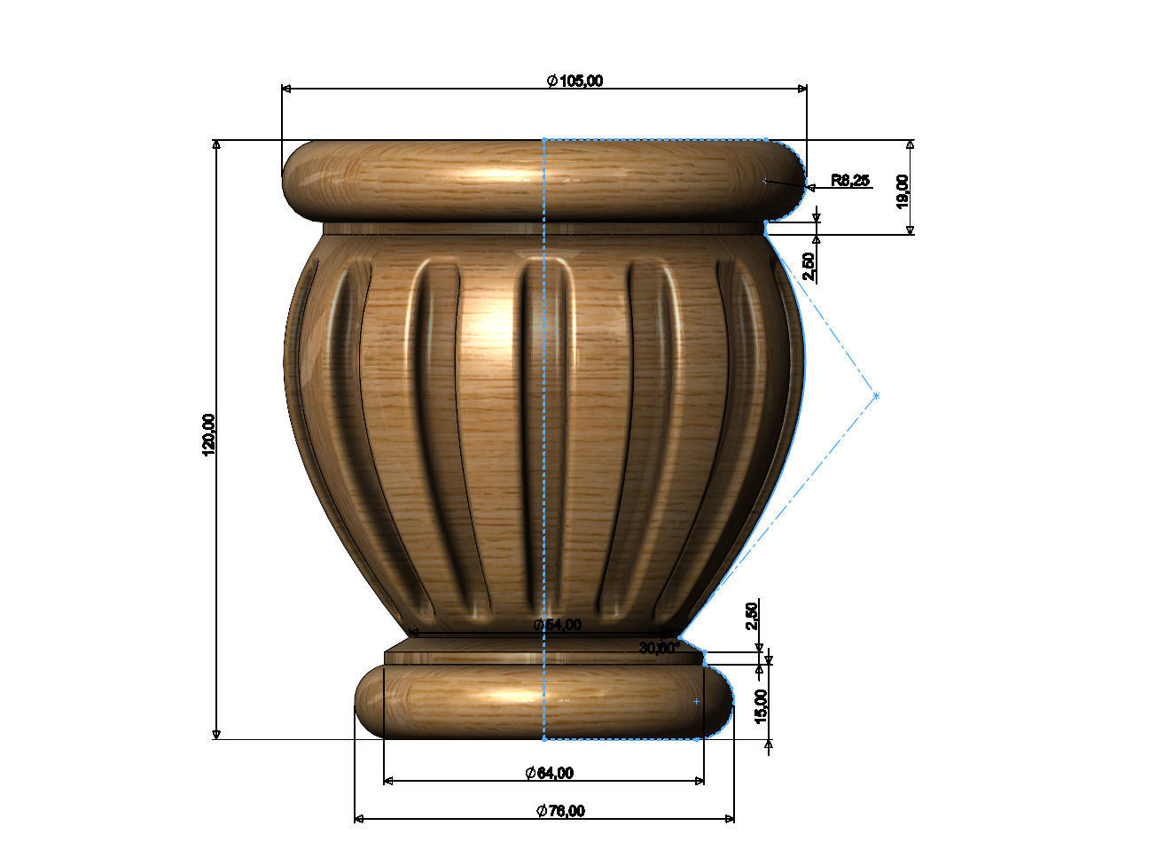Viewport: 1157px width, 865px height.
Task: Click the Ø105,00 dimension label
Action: coord(575,81)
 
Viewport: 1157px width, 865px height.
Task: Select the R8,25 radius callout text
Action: coord(850,180)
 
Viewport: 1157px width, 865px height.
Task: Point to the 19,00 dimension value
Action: coord(902,190)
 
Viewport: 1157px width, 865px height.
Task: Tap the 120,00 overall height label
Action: coord(209,434)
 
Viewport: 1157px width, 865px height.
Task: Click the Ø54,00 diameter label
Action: coord(558,625)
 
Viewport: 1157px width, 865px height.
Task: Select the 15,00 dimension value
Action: coord(762,705)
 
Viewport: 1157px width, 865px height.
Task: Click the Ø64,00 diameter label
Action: coord(549,773)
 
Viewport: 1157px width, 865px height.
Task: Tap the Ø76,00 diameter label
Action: coord(560,810)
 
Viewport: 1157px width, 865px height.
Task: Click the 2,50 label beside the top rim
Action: coord(808,267)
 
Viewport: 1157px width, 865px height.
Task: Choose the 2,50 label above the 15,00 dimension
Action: coord(752,615)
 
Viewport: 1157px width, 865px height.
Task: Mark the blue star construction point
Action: coord(876,395)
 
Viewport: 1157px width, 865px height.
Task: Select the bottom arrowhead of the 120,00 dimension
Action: coord(216,734)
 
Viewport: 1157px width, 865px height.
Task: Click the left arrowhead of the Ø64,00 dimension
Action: coord(388,781)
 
